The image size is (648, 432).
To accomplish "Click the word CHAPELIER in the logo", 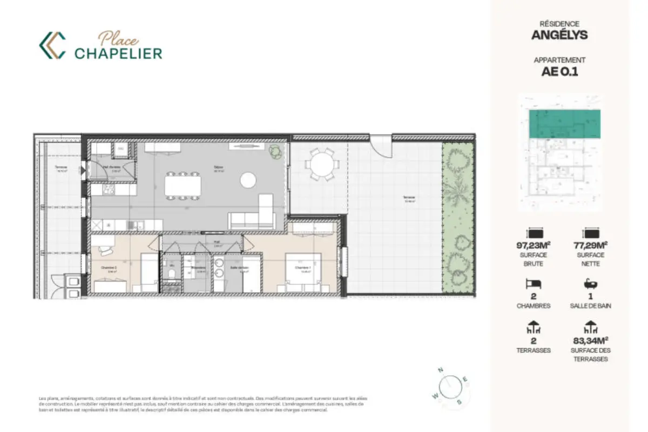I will pyautogui.click(x=118, y=53).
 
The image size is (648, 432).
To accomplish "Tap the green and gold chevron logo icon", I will pyautogui.click(x=52, y=45).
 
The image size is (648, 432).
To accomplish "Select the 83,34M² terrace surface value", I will pyautogui.click(x=591, y=341).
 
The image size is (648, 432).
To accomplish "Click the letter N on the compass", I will pyautogui.click(x=441, y=370).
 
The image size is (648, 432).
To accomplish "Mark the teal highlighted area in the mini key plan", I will pyautogui.click(x=564, y=123).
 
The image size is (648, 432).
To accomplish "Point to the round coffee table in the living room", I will pyautogui.click(x=248, y=179).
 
